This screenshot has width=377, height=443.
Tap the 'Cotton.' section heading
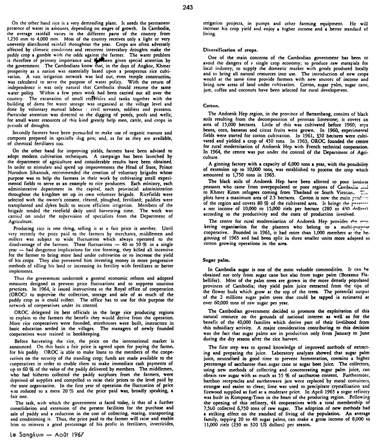pyautogui.click(x=210, y=106)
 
